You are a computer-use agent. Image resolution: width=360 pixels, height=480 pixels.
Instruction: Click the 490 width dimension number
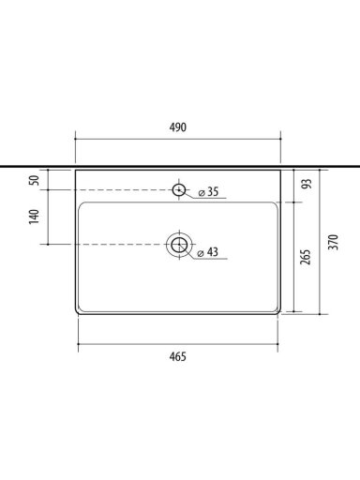click(178, 127)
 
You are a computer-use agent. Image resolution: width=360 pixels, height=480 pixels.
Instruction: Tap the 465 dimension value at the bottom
click(178, 356)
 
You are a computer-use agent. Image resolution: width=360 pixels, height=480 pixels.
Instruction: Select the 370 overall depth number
click(334, 242)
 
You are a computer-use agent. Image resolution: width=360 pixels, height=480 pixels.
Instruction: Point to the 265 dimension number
click(306, 257)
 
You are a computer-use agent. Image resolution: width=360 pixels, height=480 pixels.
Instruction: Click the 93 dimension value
click(307, 184)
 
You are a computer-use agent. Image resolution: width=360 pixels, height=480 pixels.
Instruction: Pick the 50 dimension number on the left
click(34, 180)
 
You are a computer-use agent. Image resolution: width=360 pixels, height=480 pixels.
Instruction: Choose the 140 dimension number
click(34, 217)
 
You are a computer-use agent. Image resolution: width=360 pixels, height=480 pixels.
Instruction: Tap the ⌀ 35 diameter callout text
click(208, 192)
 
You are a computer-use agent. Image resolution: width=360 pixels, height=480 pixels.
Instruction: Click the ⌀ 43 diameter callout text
click(208, 252)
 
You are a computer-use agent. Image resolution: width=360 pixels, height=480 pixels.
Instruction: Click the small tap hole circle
click(179, 189)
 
